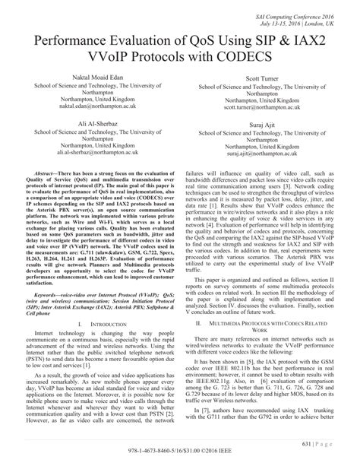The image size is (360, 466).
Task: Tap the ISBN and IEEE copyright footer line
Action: (180, 459)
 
